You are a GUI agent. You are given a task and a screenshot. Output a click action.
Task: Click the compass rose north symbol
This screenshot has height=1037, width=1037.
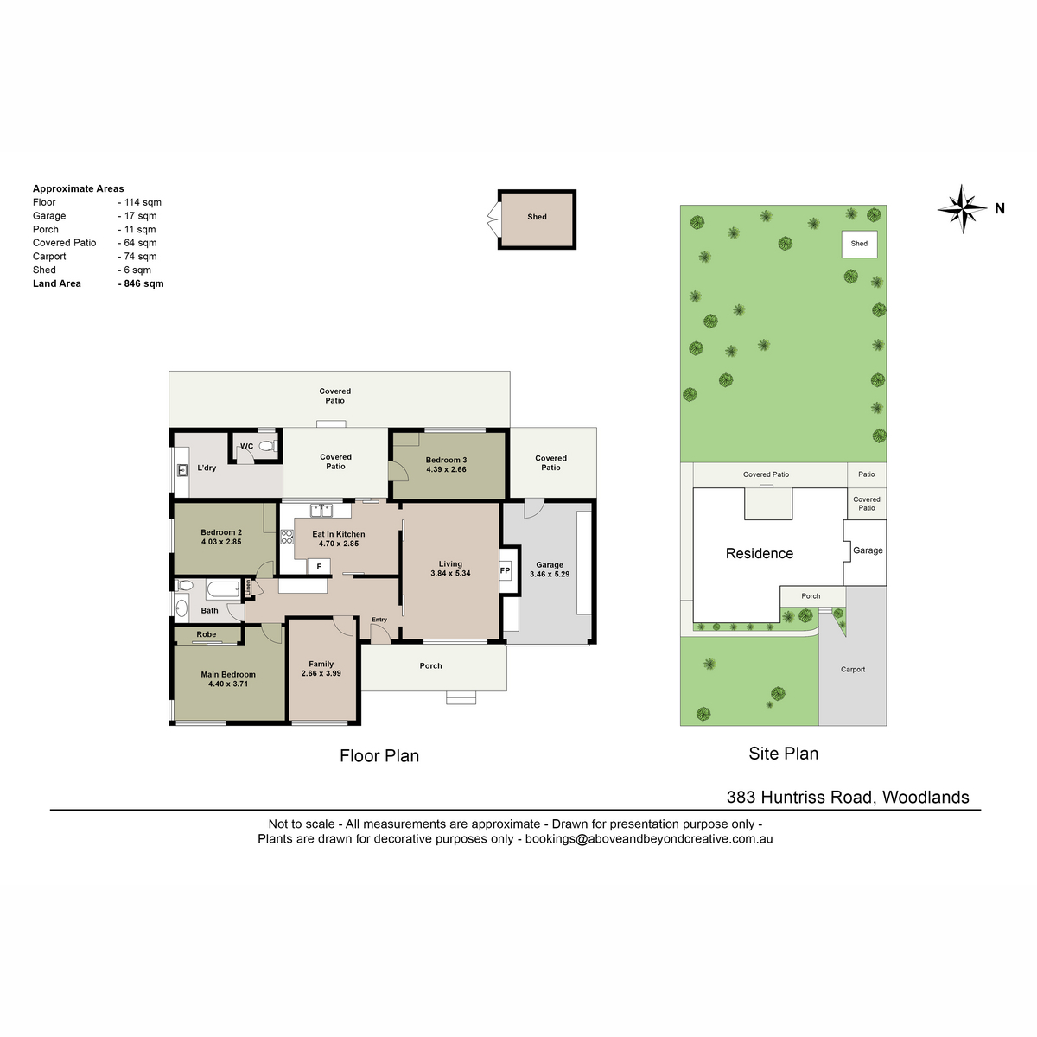tap(962, 209)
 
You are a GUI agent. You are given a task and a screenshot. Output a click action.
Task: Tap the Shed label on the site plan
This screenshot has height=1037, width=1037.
tap(859, 244)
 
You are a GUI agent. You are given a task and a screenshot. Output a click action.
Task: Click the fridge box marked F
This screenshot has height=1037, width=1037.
tap(319, 567)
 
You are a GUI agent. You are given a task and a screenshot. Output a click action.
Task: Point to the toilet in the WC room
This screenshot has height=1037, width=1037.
tap(267, 446)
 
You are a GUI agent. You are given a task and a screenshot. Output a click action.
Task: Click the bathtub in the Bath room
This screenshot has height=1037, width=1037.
tap(223, 589)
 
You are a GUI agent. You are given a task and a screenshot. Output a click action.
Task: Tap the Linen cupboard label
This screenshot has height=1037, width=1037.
tap(248, 587)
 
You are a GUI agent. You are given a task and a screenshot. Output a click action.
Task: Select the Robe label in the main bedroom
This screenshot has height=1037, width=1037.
tap(207, 634)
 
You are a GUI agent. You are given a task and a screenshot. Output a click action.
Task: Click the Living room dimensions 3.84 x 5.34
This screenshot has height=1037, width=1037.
tap(450, 574)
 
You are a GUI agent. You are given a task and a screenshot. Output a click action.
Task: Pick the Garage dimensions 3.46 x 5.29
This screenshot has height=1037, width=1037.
tap(550, 574)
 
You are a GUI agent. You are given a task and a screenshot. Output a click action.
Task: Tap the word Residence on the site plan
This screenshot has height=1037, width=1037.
tap(760, 554)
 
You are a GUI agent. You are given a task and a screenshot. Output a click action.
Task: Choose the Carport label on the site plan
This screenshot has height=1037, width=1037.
tap(853, 670)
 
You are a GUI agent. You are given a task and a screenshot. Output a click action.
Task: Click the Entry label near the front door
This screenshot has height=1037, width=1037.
tap(379, 620)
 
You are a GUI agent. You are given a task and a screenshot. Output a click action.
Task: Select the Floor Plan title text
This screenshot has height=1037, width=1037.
tap(379, 756)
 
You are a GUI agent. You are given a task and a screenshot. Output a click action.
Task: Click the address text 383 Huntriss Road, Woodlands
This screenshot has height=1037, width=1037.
tap(848, 798)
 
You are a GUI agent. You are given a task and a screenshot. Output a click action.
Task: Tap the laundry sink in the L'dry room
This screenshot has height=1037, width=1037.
tap(182, 470)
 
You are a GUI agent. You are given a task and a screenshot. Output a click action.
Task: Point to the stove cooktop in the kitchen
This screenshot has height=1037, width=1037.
tap(287, 537)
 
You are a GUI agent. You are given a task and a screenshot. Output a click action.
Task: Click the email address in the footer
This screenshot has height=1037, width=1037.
tap(649, 839)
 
